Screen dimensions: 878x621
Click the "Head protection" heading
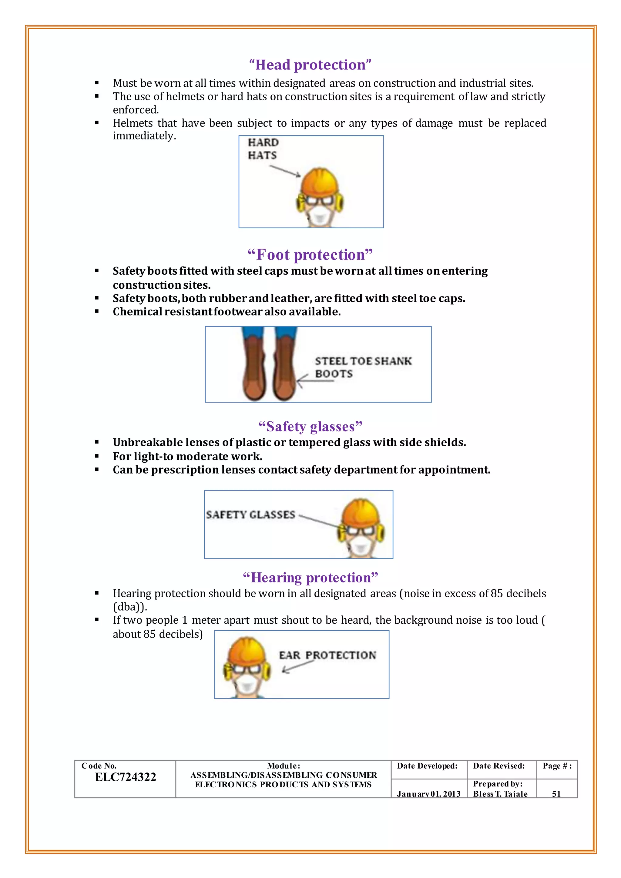coord(310,65)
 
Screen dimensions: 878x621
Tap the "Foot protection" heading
coord(310,255)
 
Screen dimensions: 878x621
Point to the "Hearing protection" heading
coord(310,578)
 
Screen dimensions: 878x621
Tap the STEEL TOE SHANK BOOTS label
coord(363,367)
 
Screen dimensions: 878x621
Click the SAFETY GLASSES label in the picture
coord(250,515)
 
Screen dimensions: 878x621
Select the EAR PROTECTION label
coord(327,655)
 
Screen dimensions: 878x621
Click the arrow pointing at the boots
coord(314,381)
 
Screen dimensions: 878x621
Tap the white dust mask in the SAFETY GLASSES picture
coord(360,548)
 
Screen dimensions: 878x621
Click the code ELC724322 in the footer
coord(126,777)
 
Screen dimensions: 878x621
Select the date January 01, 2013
coord(428,794)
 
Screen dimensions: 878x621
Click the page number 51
coord(556,794)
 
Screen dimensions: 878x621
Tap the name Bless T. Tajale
coord(500,794)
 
